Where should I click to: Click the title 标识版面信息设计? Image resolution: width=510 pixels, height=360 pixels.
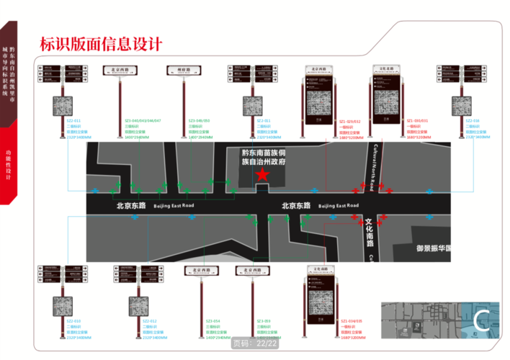(x=100, y=45)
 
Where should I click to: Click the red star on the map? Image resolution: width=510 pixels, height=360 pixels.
(x=263, y=175)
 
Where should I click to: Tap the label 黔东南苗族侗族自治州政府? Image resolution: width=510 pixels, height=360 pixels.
(x=264, y=158)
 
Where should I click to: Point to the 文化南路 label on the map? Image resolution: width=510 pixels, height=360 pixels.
(x=370, y=233)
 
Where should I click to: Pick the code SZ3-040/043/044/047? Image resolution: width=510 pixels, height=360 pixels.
(x=143, y=121)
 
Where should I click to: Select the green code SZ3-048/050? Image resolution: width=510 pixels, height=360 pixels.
(x=198, y=121)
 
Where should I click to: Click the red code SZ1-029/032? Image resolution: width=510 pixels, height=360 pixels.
(x=352, y=121)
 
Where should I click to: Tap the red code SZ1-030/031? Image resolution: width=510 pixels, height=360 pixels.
(x=417, y=121)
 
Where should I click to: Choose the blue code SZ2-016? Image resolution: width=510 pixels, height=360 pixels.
(x=473, y=121)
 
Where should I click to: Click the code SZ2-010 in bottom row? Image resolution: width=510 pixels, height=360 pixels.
(x=73, y=320)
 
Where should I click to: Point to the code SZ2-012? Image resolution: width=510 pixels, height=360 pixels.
(x=150, y=320)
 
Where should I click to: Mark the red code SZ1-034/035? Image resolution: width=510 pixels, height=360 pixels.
(x=353, y=320)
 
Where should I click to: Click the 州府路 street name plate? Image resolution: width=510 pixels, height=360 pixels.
(x=187, y=70)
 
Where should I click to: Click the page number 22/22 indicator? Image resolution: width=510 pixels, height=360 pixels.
(x=255, y=343)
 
